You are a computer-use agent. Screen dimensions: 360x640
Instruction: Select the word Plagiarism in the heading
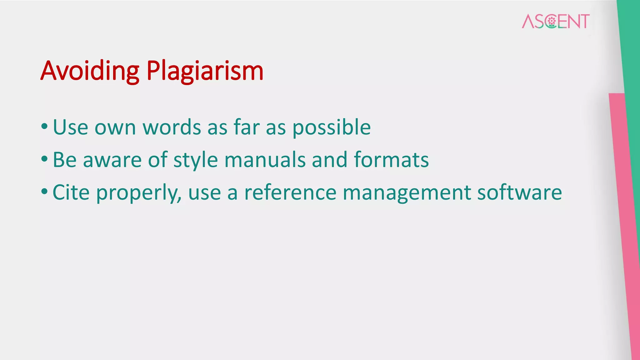(x=205, y=71)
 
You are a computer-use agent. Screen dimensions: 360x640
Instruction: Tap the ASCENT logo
(x=556, y=21)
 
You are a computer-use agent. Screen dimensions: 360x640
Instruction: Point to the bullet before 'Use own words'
(x=44, y=127)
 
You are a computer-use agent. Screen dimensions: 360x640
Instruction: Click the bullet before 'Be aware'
(x=44, y=159)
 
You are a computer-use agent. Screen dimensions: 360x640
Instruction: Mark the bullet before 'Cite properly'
(x=44, y=192)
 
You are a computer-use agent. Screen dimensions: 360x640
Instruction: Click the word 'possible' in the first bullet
(x=332, y=127)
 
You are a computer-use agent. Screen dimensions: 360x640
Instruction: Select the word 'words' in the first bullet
(x=172, y=127)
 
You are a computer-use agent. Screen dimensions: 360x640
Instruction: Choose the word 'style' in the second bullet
(x=196, y=160)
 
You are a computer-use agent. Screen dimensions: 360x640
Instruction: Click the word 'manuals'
(x=265, y=160)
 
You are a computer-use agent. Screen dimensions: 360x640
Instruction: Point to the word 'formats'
(x=391, y=160)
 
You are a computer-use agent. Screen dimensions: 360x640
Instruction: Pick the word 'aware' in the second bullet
(x=112, y=160)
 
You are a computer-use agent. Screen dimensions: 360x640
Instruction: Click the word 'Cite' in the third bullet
(x=71, y=192)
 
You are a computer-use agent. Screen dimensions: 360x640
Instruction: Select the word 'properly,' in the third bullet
(x=139, y=193)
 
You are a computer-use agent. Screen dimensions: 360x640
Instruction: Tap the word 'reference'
(x=290, y=192)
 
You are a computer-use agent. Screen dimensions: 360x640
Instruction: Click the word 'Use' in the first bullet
(x=70, y=127)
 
